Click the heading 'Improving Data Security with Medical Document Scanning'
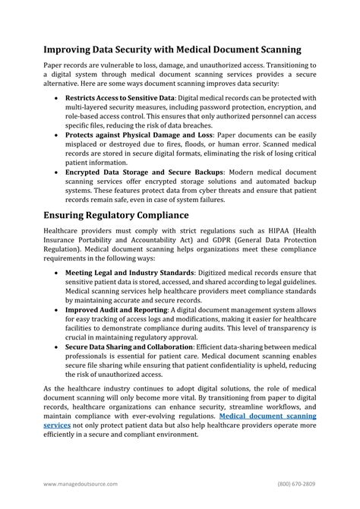pos(172,49)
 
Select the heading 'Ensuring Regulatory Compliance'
pos(116,215)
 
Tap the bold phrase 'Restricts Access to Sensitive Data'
pos(120,98)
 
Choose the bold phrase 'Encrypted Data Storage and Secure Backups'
pos(144,172)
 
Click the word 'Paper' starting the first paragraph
pos(54,67)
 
